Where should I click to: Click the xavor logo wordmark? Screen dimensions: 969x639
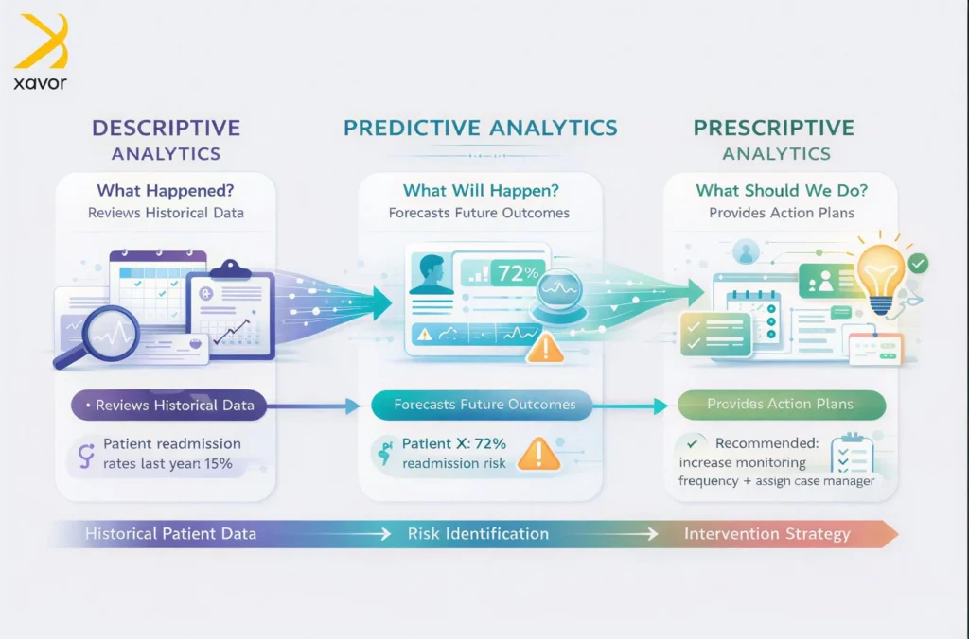click(40, 83)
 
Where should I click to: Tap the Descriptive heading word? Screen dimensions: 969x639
click(167, 128)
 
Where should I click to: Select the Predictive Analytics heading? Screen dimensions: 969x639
click(480, 128)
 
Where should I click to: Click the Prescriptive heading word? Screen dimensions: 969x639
click(774, 128)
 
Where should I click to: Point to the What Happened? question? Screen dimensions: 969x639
click(166, 190)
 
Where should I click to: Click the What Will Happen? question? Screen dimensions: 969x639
click(481, 190)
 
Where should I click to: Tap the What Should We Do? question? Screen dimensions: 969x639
click(782, 190)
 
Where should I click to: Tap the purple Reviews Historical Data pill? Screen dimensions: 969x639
click(168, 405)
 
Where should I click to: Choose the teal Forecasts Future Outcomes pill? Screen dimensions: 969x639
click(482, 405)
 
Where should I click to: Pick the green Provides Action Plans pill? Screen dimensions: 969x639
click(782, 405)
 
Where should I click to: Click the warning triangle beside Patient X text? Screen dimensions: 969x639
click(538, 455)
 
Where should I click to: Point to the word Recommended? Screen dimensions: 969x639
click(766, 443)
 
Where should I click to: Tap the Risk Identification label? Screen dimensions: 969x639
click(478, 533)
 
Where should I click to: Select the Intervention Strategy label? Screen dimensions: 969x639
click(766, 534)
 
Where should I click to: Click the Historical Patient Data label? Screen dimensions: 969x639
click(170, 533)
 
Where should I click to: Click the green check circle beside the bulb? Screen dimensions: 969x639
click(918, 264)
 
